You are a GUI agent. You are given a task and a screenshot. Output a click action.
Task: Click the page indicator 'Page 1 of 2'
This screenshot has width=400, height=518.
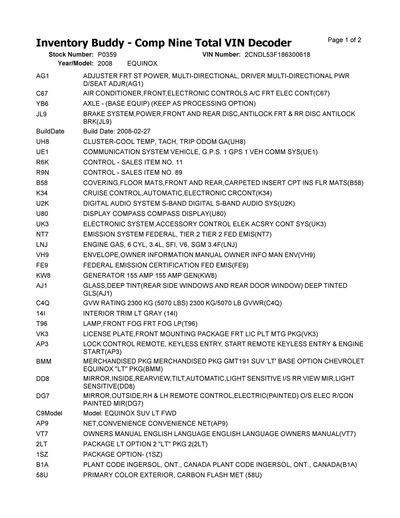point(344,40)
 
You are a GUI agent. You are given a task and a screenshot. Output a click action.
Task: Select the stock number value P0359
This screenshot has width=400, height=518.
point(107,55)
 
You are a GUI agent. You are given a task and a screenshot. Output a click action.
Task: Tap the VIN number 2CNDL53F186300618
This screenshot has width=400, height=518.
point(277,55)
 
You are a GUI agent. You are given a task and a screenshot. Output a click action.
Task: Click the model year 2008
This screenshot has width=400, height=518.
point(105,64)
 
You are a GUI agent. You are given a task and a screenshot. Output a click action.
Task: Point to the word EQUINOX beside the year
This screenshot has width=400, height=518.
point(142,64)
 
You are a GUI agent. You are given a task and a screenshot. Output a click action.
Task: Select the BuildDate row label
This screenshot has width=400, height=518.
point(50,131)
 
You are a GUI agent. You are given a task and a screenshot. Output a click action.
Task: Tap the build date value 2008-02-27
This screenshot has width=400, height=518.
point(133,131)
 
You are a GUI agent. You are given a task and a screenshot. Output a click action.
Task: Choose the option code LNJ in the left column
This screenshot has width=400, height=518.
point(42,245)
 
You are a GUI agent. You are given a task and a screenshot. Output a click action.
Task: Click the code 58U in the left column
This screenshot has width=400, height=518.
point(42,475)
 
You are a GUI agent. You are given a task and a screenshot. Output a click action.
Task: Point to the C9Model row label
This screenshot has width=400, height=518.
point(49,413)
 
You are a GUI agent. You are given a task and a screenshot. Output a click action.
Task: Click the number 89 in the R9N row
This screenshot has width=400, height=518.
point(179,173)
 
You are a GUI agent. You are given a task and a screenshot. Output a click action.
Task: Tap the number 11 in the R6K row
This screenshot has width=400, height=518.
point(179,162)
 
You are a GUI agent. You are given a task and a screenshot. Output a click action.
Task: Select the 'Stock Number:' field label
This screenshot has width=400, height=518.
point(71,55)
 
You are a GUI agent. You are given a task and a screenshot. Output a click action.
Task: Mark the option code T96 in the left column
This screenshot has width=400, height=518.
point(42,323)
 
